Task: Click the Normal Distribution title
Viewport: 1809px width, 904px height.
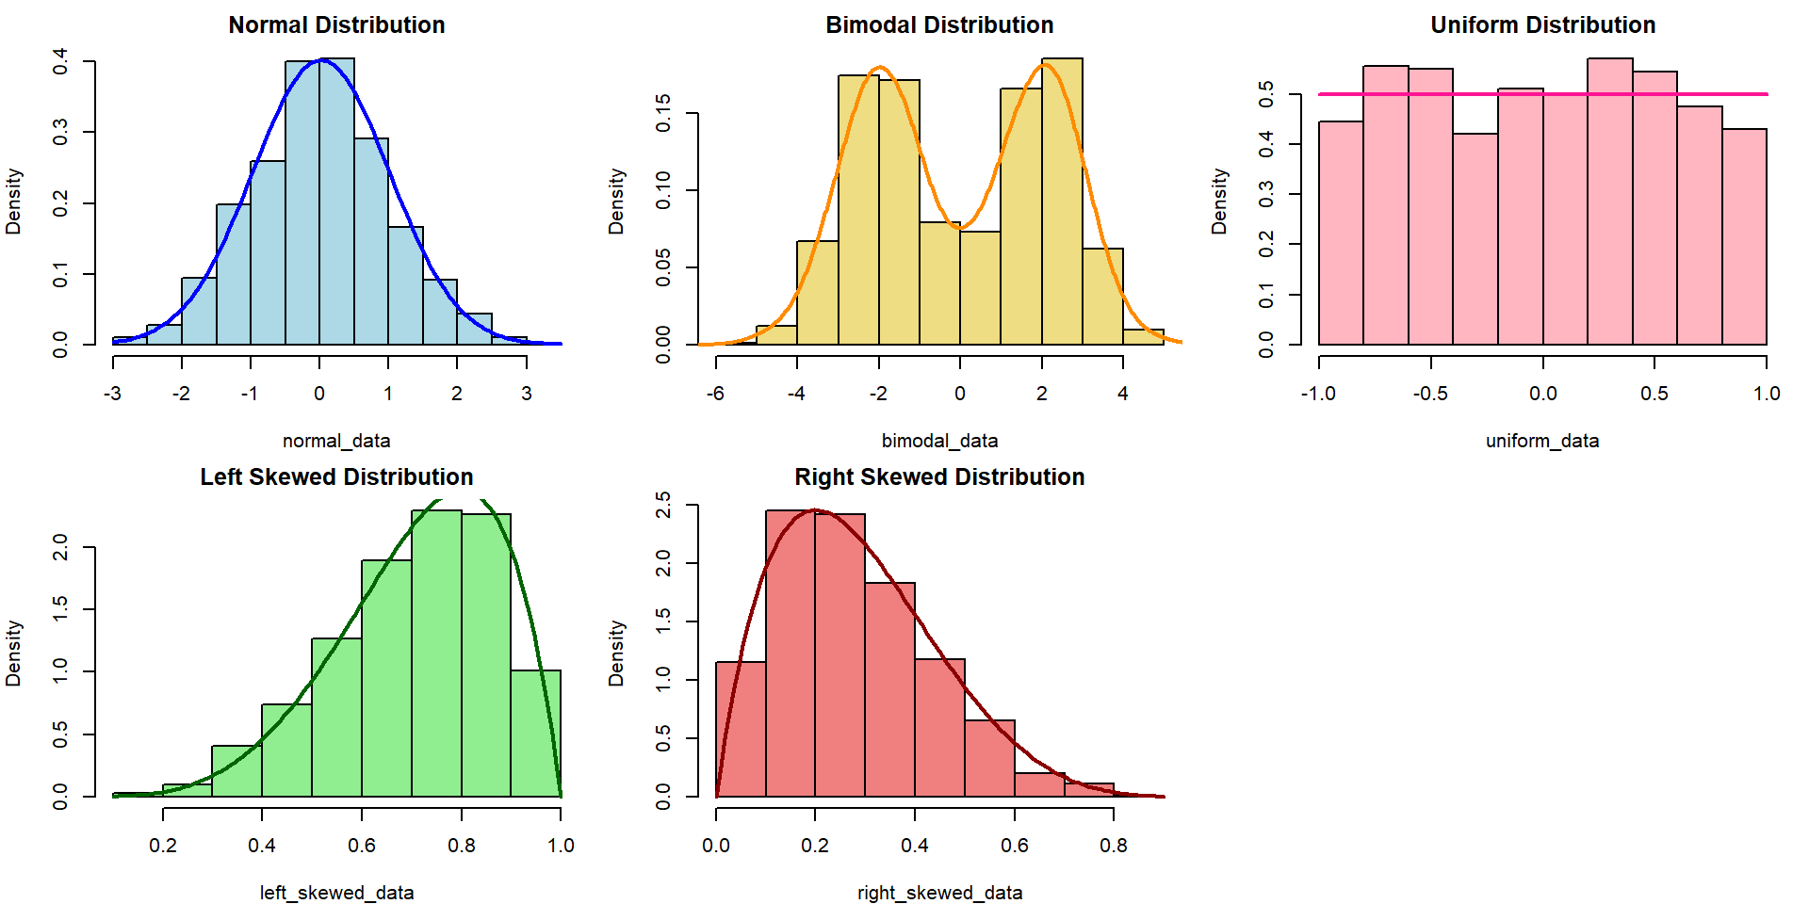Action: [336, 25]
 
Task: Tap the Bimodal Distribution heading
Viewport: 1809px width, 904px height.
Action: [939, 25]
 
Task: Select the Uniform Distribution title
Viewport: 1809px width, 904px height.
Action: [1542, 25]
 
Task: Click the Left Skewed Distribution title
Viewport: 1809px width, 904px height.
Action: [336, 477]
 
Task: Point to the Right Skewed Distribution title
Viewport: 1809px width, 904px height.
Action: [939, 477]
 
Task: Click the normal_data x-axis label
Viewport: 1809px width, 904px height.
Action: [336, 441]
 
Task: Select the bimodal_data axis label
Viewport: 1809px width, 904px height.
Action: [939, 441]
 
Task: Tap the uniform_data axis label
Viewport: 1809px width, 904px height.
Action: [1542, 441]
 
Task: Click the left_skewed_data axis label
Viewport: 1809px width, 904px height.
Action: [336, 893]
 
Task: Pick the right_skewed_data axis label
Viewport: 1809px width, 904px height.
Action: [939, 893]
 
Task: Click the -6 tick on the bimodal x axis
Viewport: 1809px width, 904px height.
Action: [715, 394]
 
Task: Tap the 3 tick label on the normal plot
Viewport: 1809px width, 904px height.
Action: [526, 394]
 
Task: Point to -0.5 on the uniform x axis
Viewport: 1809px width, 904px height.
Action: [1430, 394]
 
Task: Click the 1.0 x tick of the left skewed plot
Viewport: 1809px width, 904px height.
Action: [561, 846]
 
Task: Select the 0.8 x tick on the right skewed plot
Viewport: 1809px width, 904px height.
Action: [1114, 846]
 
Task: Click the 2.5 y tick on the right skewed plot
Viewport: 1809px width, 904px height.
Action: [663, 505]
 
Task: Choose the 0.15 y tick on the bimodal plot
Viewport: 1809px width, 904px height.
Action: [663, 113]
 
